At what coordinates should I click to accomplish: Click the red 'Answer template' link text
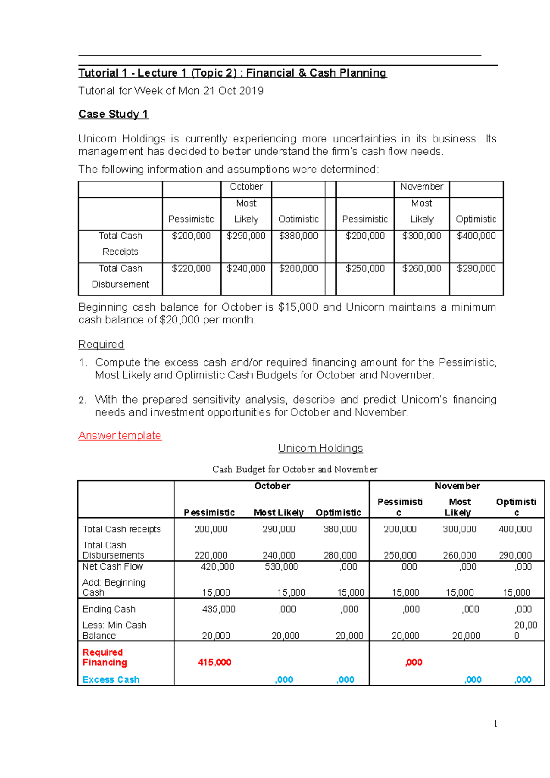click(x=120, y=435)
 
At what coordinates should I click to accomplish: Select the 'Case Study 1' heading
click(x=113, y=114)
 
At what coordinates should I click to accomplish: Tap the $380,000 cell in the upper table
click(x=298, y=236)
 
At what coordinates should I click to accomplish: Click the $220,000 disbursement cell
click(x=191, y=268)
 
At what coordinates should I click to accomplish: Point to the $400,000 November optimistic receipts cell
click(x=476, y=236)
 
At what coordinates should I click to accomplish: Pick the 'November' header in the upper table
click(x=422, y=187)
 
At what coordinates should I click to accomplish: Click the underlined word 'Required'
click(x=101, y=345)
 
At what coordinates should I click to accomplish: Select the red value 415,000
click(x=214, y=663)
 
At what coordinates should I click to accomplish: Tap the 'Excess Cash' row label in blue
click(x=111, y=680)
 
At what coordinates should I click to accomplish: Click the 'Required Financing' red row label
click(x=104, y=657)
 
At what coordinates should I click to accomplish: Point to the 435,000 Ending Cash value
click(x=219, y=609)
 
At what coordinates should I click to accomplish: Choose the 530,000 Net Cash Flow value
click(x=281, y=567)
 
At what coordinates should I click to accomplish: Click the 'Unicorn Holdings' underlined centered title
click(x=320, y=448)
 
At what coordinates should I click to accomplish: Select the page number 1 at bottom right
click(x=495, y=724)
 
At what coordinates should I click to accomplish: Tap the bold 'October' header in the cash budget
click(x=272, y=486)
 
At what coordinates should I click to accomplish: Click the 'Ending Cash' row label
click(x=109, y=609)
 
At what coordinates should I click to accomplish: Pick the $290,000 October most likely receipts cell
click(x=246, y=236)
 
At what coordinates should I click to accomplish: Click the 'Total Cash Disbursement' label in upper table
click(x=120, y=276)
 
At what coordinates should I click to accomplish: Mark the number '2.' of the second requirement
click(x=82, y=400)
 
